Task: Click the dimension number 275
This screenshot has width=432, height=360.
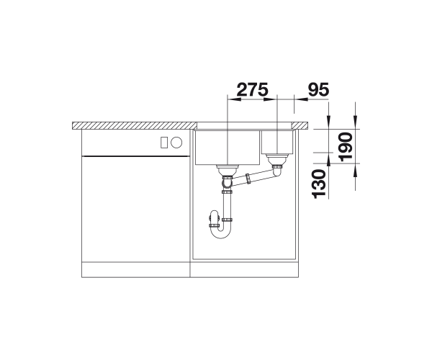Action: pyautogui.click(x=252, y=89)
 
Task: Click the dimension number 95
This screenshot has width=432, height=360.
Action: pyautogui.click(x=318, y=89)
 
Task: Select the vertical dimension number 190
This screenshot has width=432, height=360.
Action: pyautogui.click(x=346, y=147)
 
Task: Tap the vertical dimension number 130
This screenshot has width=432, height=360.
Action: pyautogui.click(x=319, y=184)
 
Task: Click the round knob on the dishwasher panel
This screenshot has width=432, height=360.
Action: pyautogui.click(x=176, y=143)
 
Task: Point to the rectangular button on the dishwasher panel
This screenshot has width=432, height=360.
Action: pyautogui.click(x=164, y=143)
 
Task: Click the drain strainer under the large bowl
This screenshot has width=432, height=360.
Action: pyautogui.click(x=228, y=169)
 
